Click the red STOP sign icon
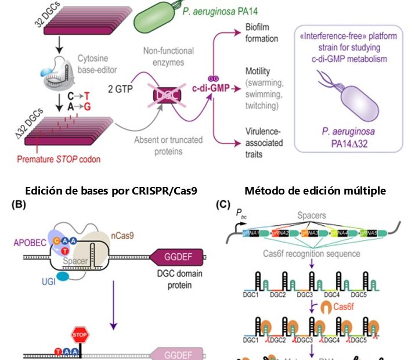[78, 336]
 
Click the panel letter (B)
[13, 204]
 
